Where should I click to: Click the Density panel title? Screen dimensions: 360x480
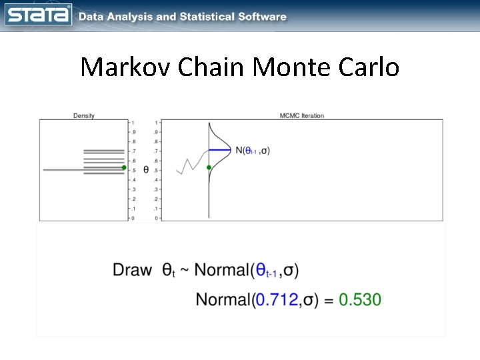pyautogui.click(x=83, y=115)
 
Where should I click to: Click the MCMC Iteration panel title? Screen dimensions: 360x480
pyautogui.click(x=302, y=115)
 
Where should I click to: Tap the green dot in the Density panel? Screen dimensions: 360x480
pyautogui.click(x=123, y=167)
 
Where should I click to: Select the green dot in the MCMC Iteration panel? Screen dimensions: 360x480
pyautogui.click(x=209, y=167)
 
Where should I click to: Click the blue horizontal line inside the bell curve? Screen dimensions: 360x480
pyautogui.click(x=219, y=150)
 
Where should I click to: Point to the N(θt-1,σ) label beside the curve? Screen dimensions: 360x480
pyautogui.click(x=253, y=151)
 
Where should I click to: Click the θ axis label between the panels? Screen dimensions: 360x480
pyautogui.click(x=146, y=171)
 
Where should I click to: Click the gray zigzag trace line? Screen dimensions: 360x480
pyautogui.click(x=191, y=164)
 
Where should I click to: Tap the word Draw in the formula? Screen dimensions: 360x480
pyautogui.click(x=132, y=270)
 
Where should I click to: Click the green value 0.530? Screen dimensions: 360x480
pyautogui.click(x=360, y=299)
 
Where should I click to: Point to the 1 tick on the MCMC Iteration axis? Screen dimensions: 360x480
pyautogui.click(x=157, y=123)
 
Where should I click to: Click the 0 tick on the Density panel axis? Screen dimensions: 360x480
pyautogui.click(x=133, y=218)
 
